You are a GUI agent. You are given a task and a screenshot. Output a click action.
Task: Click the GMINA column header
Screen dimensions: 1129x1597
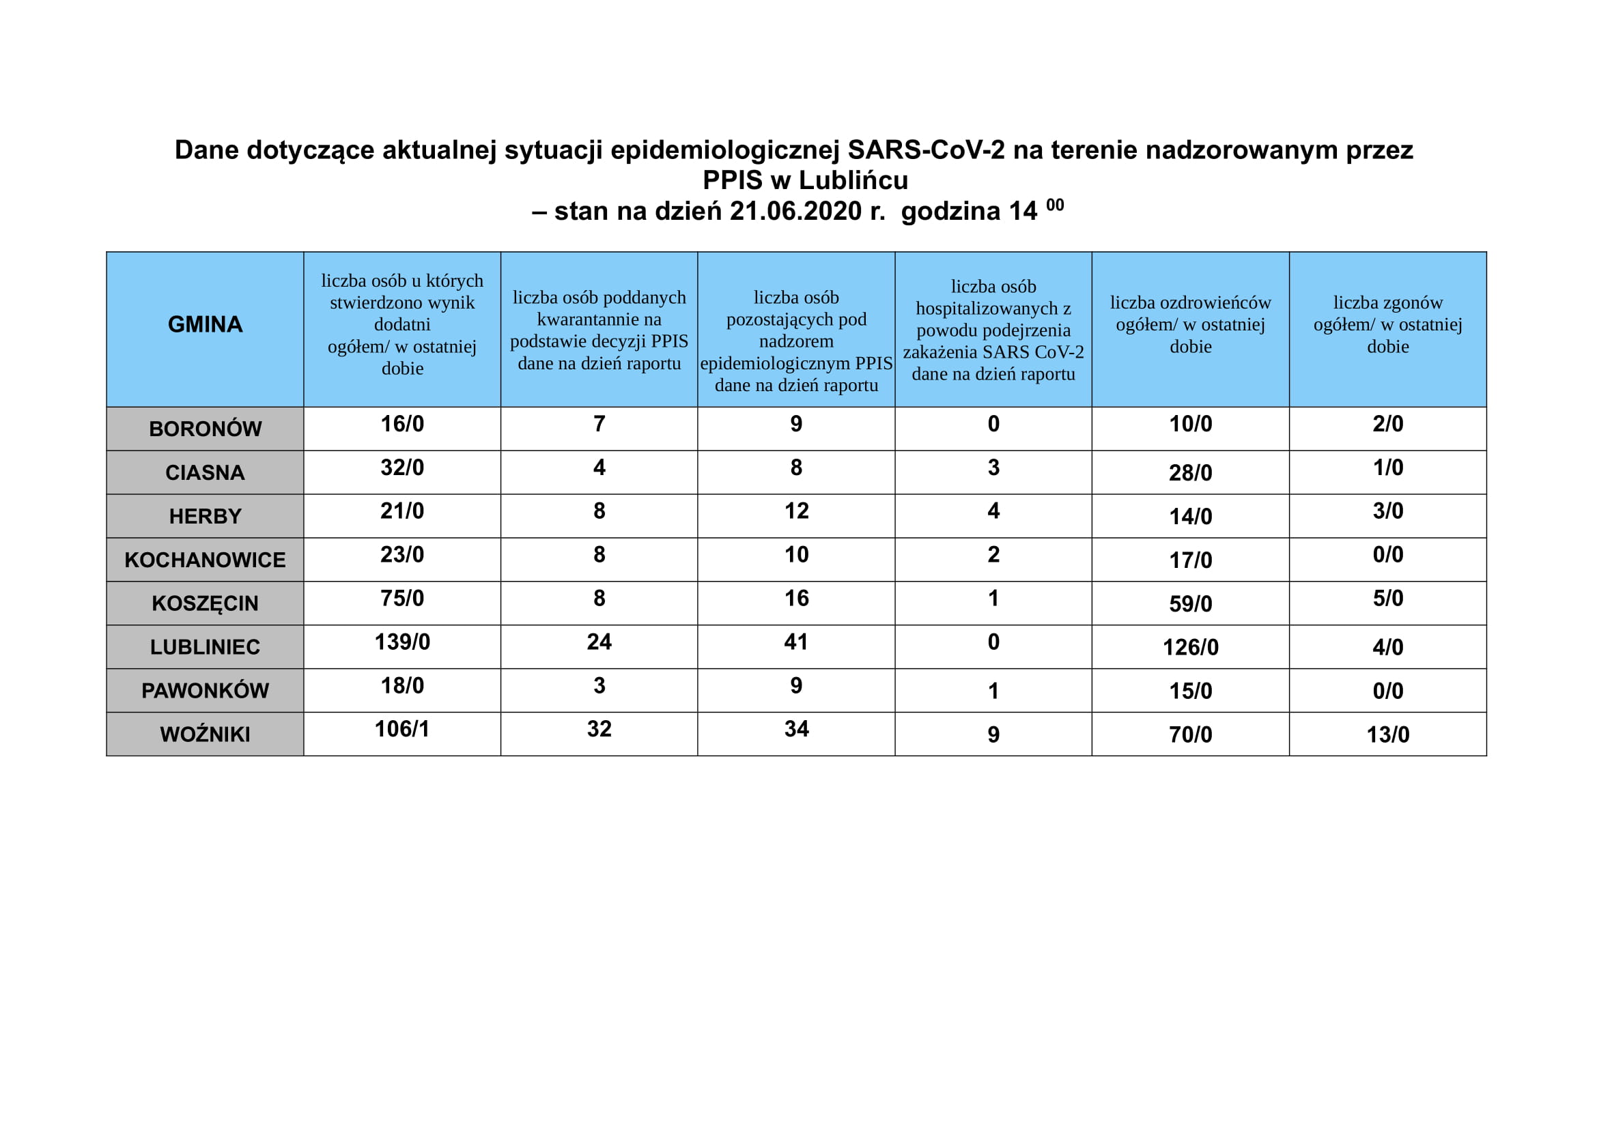point(205,325)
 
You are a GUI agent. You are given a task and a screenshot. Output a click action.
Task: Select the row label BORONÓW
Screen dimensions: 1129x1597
point(205,429)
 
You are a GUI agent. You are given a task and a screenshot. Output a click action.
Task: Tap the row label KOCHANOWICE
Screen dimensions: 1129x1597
point(205,560)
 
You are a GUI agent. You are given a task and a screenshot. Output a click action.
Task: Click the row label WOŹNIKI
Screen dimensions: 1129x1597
point(205,734)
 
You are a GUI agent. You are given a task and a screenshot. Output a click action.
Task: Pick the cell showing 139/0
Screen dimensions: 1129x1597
point(402,642)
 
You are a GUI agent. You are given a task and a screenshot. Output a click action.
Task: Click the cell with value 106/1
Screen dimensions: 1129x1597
point(402,728)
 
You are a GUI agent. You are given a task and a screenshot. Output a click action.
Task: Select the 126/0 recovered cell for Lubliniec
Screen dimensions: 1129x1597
point(1190,647)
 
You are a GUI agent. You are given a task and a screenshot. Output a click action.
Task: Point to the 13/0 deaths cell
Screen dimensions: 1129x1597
point(1387,734)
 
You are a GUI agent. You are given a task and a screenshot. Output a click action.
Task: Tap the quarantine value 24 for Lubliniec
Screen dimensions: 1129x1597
point(599,642)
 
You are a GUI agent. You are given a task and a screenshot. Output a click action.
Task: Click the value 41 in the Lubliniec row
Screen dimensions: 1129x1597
point(796,642)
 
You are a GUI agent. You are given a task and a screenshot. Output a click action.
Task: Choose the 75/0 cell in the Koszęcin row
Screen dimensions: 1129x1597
point(402,598)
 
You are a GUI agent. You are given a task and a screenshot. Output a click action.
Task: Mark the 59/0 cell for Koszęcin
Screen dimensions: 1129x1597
point(1190,603)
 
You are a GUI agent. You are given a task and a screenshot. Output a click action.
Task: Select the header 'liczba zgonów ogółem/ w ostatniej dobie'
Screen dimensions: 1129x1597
point(1387,325)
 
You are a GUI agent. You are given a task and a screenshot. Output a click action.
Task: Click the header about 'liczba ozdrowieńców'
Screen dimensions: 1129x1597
point(1190,325)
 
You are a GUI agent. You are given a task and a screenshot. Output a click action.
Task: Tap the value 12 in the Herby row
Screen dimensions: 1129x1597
point(796,511)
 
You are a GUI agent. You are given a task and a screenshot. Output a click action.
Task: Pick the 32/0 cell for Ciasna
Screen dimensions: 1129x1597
point(402,467)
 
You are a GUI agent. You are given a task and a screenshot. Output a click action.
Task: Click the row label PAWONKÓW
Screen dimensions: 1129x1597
point(205,690)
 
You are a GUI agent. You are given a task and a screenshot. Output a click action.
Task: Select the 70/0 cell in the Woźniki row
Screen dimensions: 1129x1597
point(1190,734)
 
